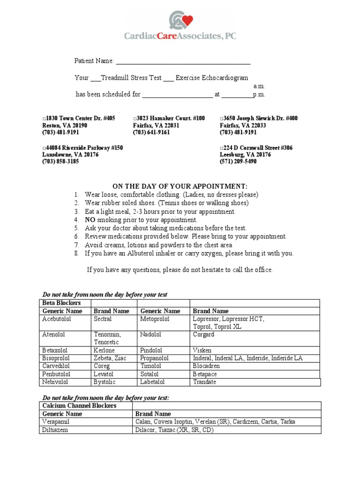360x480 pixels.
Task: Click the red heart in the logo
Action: (187, 21)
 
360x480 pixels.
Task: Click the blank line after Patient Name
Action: (183, 62)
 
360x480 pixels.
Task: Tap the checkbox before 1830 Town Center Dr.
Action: (44, 119)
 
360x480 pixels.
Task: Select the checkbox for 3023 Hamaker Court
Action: (135, 119)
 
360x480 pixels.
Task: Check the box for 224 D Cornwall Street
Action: (221, 148)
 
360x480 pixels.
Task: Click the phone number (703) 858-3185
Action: (60, 162)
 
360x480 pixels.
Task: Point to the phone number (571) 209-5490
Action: (238, 162)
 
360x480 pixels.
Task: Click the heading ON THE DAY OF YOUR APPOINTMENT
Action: (180, 186)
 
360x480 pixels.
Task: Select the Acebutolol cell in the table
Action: (57, 319)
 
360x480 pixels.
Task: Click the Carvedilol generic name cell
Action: (57, 366)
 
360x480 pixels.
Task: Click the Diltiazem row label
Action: (55, 430)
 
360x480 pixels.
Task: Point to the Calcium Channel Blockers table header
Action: (79, 406)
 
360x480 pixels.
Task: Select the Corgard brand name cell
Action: (203, 335)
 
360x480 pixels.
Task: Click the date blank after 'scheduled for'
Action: (177, 95)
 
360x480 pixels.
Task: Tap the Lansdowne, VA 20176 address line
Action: (70, 155)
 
